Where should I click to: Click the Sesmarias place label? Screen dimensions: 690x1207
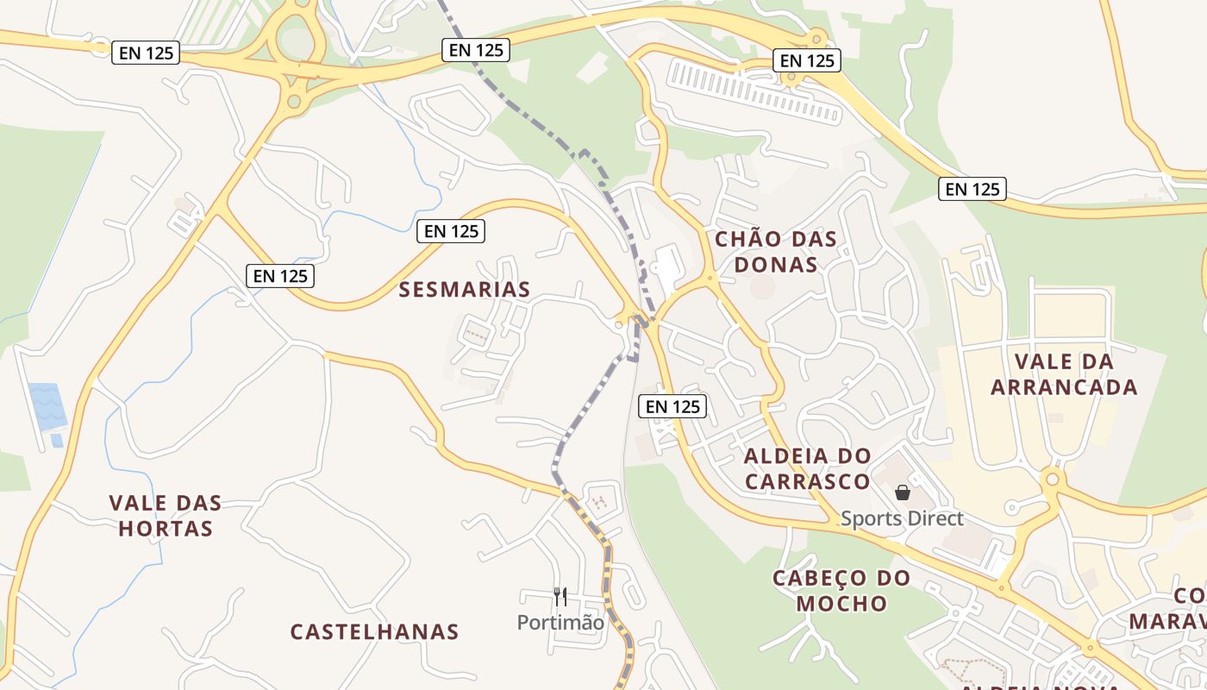(464, 290)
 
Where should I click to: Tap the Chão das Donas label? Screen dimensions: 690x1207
(776, 252)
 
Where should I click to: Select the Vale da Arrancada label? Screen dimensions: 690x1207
(1064, 374)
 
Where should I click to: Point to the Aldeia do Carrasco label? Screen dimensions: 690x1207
(808, 468)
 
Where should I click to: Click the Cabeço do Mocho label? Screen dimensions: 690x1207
(841, 591)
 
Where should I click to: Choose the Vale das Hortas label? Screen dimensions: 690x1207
(166, 515)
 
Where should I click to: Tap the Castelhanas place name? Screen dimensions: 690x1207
(374, 631)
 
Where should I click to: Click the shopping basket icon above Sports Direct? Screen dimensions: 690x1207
(903, 492)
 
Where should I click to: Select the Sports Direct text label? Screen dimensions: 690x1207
(902, 518)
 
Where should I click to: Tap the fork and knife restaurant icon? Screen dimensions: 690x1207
(560, 596)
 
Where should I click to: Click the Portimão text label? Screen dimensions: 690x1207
(560, 622)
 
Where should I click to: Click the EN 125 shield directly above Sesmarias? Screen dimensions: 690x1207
(451, 231)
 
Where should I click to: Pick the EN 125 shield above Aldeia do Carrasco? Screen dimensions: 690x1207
(672, 406)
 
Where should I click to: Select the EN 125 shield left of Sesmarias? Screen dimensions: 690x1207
(280, 276)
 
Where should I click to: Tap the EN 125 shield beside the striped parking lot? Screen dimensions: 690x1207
(807, 60)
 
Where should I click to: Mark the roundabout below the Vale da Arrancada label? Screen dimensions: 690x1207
(1052, 480)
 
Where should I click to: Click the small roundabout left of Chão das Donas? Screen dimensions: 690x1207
(710, 278)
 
